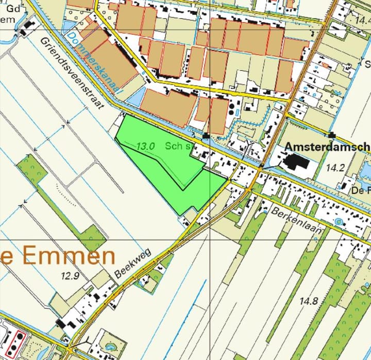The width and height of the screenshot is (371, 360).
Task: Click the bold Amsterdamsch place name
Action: (327, 146)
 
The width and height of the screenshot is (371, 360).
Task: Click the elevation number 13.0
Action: (146, 146)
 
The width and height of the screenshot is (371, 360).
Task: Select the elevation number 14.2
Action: (335, 167)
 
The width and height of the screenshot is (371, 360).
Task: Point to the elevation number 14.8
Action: (308, 301)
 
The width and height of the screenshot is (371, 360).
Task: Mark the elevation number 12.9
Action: (70, 275)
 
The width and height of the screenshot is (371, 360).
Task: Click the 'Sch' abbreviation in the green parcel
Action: (175, 146)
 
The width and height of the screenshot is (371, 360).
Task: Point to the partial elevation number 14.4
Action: (362, 19)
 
